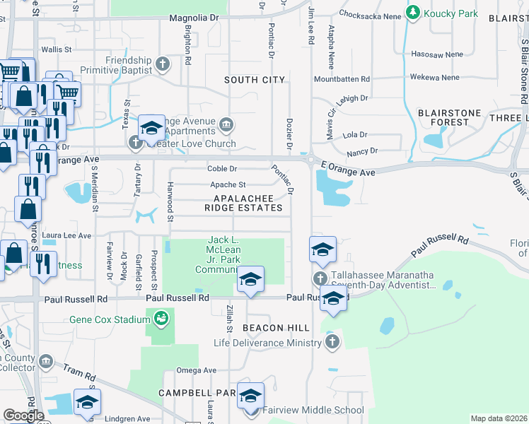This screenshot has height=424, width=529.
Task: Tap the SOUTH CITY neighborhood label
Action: [255, 81]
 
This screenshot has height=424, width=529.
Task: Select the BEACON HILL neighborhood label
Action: [276, 329]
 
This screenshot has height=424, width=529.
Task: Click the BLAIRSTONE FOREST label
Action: [453, 117]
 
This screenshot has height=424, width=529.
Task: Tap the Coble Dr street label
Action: [222, 169]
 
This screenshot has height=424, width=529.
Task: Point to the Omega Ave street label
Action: [196, 370]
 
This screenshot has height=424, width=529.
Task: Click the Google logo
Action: [23, 416]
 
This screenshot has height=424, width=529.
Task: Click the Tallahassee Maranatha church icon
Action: [320, 278]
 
